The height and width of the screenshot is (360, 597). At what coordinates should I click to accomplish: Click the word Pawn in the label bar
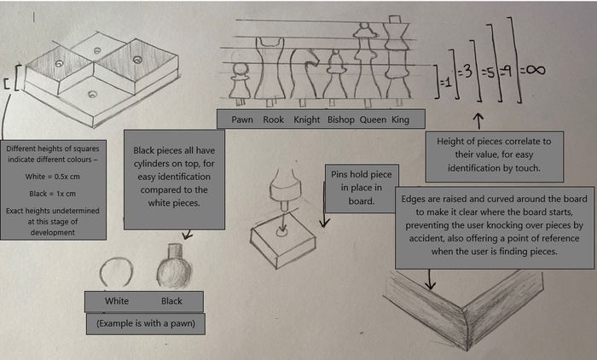pyautogui.click(x=243, y=119)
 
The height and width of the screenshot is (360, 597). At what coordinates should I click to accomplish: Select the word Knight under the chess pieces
pyautogui.click(x=307, y=119)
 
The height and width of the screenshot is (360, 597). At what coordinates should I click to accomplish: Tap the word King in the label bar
pyautogui.click(x=400, y=119)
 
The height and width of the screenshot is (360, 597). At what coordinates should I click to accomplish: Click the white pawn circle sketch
pyautogui.click(x=116, y=272)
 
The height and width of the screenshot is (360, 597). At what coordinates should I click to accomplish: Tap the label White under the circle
pyautogui.click(x=117, y=301)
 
